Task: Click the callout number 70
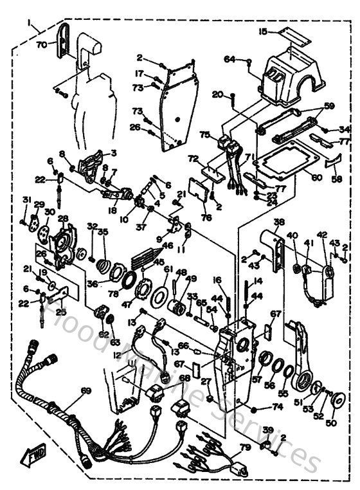pyautogui.click(x=41, y=46)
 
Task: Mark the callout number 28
pyautogui.click(x=62, y=219)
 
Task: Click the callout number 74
pyautogui.click(x=277, y=406)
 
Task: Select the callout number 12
pyautogui.click(x=116, y=355)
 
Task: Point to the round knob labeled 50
pyautogui.click(x=336, y=403)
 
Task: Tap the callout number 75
pyautogui.click(x=204, y=135)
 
